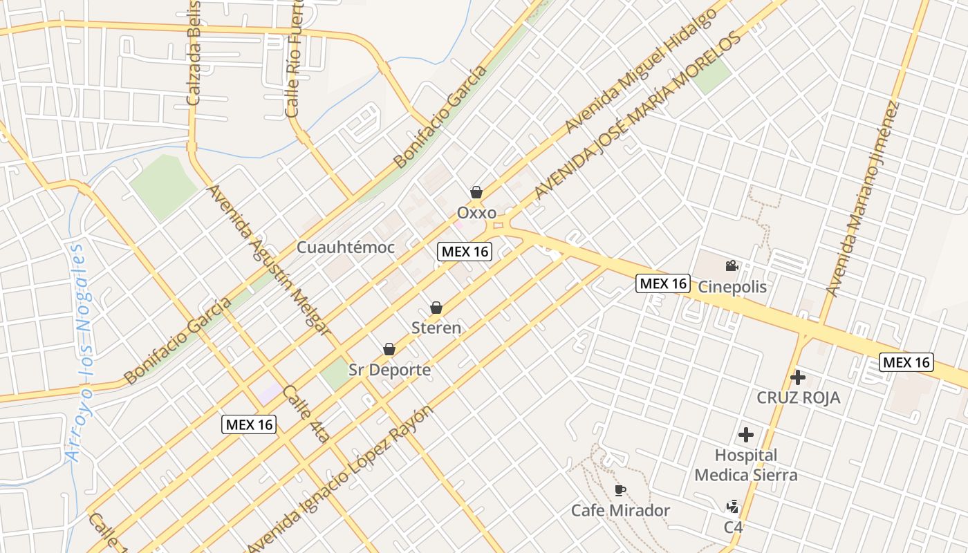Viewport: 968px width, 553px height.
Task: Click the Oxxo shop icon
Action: point(476,192)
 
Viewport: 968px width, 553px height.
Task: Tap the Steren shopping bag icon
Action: point(436,308)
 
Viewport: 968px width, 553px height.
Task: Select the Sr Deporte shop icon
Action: point(389,350)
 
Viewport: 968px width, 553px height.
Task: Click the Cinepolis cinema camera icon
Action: point(732,266)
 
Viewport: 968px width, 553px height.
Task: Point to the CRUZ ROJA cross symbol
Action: point(798,377)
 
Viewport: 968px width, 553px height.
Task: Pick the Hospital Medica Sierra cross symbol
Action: point(745,435)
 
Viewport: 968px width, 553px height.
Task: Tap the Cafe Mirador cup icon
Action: point(620,491)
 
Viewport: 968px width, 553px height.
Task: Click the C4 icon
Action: point(733,507)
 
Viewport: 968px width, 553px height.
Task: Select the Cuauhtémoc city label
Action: point(346,247)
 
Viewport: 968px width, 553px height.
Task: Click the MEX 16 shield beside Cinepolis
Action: point(663,283)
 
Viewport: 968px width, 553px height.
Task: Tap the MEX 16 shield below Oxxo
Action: point(465,252)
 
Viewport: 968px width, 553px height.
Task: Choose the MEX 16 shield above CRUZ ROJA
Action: point(906,362)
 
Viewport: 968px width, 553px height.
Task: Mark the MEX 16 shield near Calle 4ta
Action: point(249,424)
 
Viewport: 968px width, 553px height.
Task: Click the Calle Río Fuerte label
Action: point(294,61)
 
